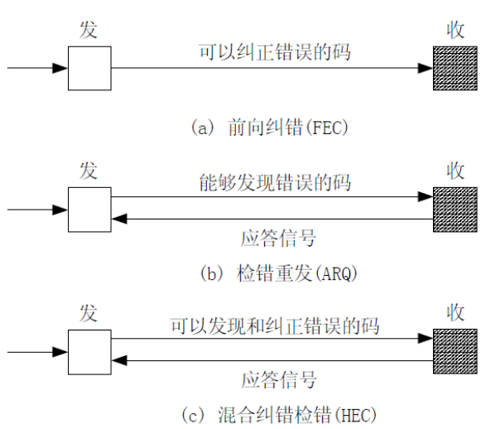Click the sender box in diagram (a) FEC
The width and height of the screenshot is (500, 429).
89,68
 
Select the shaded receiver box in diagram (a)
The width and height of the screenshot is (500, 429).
454,68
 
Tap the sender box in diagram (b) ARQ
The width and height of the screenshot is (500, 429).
89,210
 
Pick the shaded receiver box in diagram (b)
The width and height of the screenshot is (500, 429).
454,210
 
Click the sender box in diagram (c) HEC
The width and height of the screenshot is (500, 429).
89,350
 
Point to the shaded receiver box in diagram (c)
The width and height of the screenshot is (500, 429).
454,350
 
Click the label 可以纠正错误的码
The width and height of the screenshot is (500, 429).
274,52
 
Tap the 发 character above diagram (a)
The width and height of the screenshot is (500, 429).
89,30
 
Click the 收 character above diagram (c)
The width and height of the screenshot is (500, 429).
454,313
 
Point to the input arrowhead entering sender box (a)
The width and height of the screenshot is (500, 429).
60,68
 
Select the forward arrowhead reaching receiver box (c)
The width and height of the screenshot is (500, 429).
425,338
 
